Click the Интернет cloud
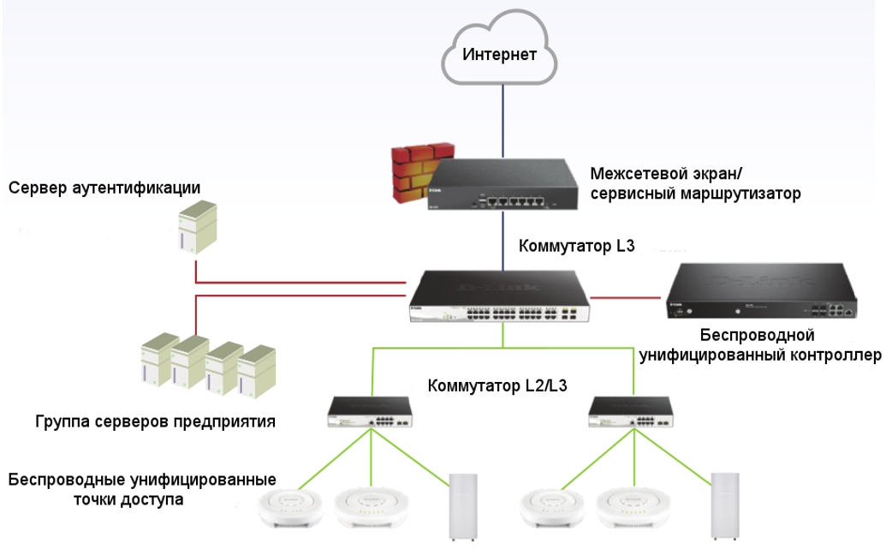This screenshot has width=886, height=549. (500, 56)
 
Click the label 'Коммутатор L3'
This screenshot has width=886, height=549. (576, 246)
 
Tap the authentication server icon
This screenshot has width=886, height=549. (195, 227)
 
